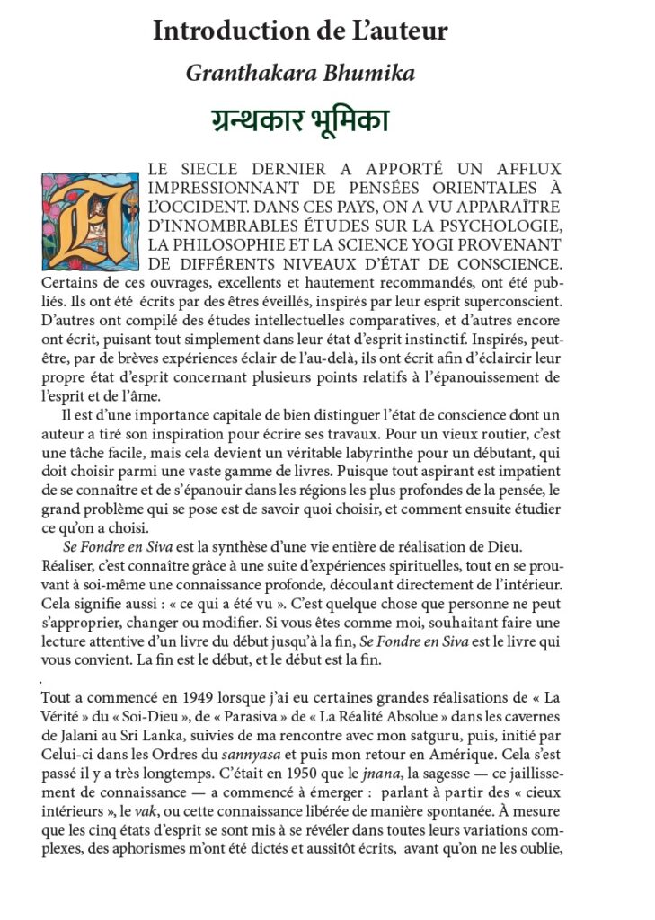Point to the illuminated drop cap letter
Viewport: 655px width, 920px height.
tap(90, 221)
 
